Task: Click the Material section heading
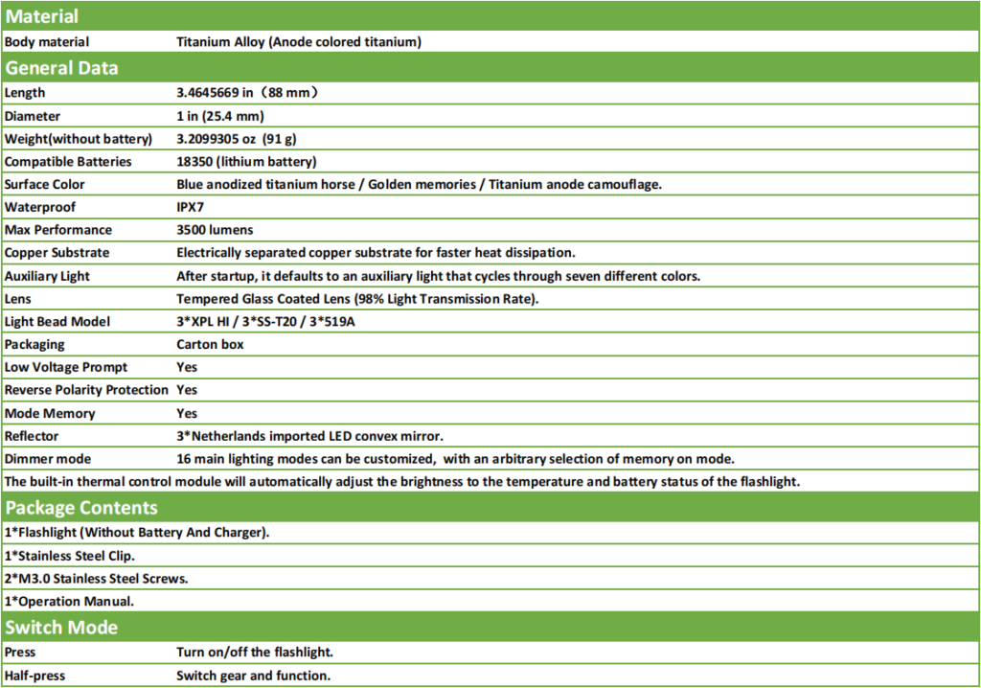point(42,16)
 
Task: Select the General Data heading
point(61,68)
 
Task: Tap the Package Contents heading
point(81,508)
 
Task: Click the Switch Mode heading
point(61,628)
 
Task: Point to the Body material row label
point(47,42)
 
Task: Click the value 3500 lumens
point(215,230)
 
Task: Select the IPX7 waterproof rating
point(192,207)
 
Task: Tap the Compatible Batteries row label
point(68,162)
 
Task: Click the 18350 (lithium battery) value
point(246,162)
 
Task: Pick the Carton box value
point(210,344)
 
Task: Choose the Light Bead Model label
point(58,321)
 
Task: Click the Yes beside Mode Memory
point(187,413)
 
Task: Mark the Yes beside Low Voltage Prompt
point(187,367)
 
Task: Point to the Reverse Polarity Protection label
point(86,390)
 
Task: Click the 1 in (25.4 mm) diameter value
point(219,116)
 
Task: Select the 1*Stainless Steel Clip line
point(70,555)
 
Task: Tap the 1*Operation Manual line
point(69,601)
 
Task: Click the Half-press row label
point(34,676)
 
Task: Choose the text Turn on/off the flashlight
point(255,653)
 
